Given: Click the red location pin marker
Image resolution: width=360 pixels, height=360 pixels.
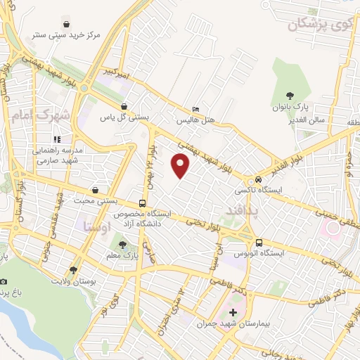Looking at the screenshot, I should tap(181, 166).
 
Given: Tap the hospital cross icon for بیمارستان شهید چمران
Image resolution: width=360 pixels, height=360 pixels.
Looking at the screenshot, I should tap(233, 312).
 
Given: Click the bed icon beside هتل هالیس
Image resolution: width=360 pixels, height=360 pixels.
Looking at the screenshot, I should tap(196, 110).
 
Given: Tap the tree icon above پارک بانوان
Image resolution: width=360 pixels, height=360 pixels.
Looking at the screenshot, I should tap(289, 96).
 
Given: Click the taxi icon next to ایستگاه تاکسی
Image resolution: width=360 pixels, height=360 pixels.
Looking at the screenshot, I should tap(259, 179).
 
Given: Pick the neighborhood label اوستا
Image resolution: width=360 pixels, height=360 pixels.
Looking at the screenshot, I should tap(96, 227).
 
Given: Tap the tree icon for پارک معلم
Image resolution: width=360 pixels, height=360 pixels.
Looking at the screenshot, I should tap(124, 245).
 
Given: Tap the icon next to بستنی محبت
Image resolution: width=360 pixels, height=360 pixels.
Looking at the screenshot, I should tap(96, 189).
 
